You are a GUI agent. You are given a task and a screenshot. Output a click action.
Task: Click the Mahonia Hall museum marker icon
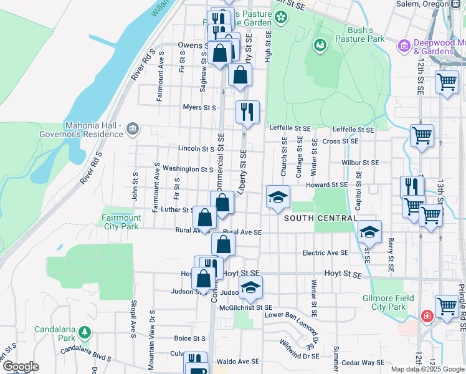tap(132, 129)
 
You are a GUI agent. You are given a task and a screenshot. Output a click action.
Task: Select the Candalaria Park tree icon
tap(88, 331)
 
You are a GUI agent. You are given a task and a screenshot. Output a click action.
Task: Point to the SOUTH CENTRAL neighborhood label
tap(321, 219)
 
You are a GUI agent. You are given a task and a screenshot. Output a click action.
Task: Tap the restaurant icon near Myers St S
tap(247, 112)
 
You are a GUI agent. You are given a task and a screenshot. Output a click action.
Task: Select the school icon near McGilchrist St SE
tap(251, 287)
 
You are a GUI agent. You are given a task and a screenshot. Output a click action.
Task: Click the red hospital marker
tap(427, 316)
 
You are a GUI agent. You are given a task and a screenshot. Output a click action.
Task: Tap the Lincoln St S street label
tap(196, 149)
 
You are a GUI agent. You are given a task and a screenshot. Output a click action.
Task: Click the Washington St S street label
tap(188, 169)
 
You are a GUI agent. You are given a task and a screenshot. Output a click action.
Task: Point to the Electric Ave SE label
tap(325, 253)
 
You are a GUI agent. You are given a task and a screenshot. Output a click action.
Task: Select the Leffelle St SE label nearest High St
tap(290, 128)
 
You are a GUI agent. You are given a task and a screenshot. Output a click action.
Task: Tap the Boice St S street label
tap(190, 338)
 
